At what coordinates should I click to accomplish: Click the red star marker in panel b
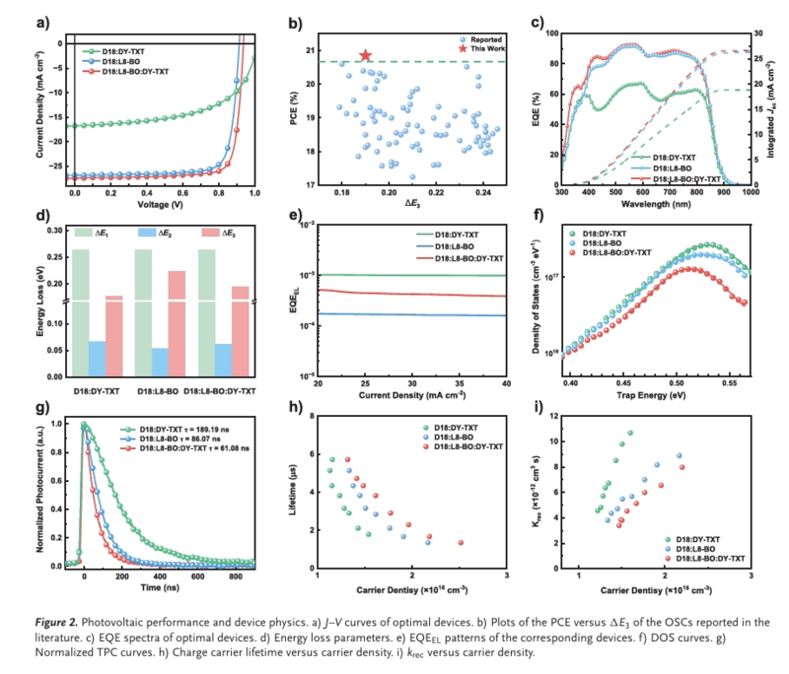(x=366, y=56)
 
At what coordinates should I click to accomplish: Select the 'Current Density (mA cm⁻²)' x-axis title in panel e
(x=412, y=396)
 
